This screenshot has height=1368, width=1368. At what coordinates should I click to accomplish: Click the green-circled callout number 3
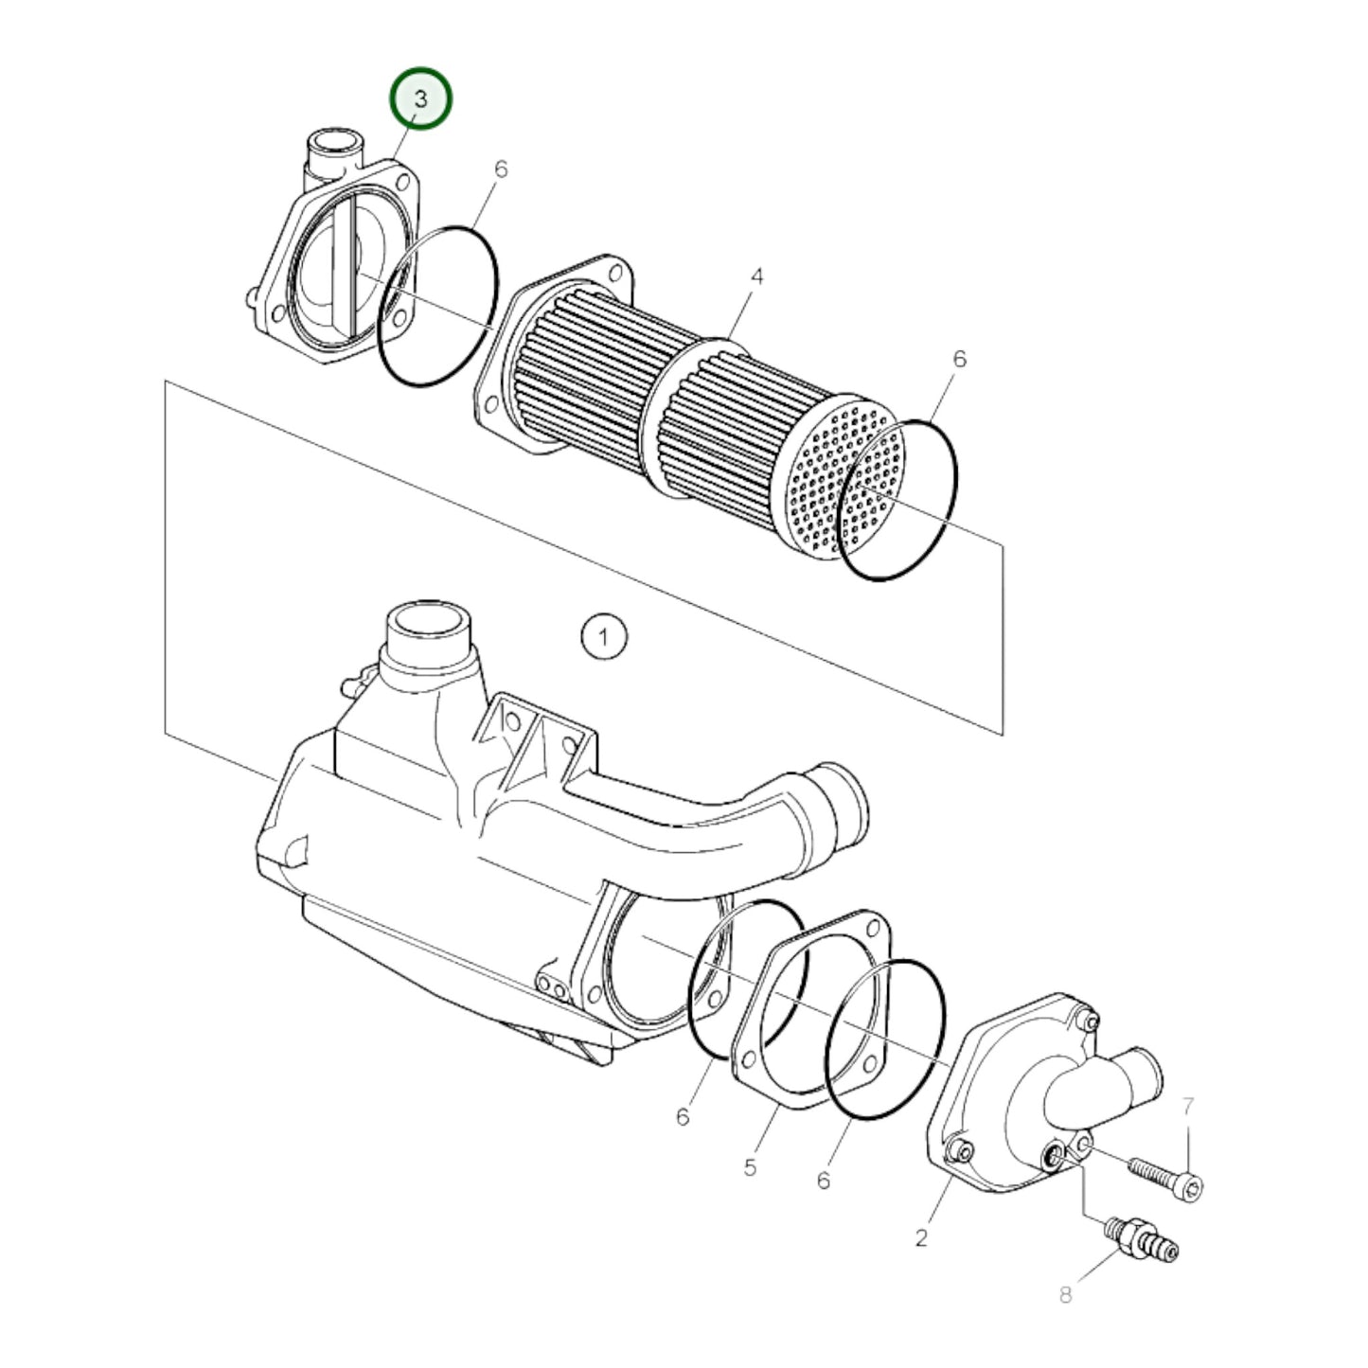421,99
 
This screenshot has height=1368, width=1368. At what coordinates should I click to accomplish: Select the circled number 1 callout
604,637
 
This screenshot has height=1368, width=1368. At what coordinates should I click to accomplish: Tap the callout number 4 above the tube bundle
755,277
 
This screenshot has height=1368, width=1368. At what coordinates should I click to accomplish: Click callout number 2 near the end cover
922,1237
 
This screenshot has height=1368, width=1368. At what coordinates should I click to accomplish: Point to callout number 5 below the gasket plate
750,1167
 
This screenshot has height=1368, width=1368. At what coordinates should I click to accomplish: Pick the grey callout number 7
1189,1106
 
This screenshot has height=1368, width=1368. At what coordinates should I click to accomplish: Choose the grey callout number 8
1066,1294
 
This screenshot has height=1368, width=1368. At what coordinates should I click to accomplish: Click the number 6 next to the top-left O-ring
501,169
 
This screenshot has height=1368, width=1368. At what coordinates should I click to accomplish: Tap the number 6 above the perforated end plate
959,359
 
